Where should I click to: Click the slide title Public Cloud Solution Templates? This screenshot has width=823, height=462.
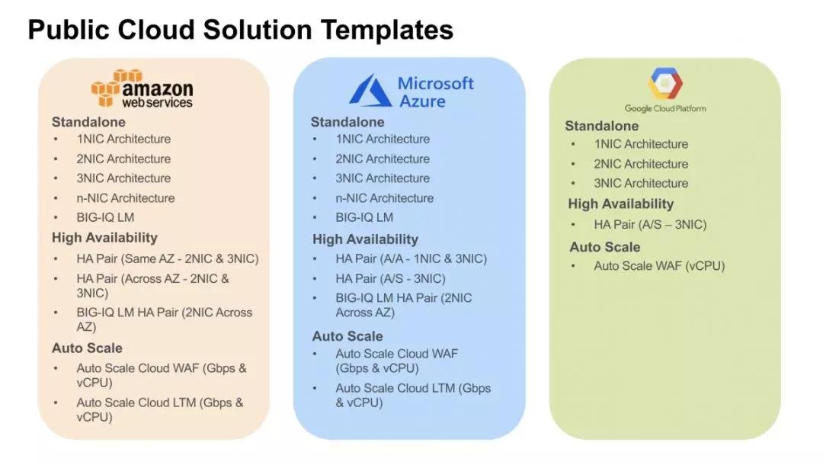point(240,29)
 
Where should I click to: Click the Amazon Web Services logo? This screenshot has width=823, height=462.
point(142,89)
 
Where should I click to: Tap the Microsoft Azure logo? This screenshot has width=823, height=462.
point(411,91)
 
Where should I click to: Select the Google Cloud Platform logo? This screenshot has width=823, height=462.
point(665,91)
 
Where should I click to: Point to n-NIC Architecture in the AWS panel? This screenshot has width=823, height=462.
point(125,197)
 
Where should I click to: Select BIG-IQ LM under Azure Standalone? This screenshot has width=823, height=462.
point(364,217)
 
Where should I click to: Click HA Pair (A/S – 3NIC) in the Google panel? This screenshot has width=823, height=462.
point(650,224)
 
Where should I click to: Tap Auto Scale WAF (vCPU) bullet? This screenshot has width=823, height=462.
point(659,266)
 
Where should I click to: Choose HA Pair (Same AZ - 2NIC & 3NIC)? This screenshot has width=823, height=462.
point(167,258)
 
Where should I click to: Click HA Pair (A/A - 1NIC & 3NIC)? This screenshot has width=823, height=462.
point(411,258)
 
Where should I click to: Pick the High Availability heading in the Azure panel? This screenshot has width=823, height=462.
point(365,239)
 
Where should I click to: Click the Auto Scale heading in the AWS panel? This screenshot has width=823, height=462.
point(87,348)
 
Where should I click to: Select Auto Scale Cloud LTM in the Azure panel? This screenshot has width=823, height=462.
point(412,395)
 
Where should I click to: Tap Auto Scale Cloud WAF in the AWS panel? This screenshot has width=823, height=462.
point(161,375)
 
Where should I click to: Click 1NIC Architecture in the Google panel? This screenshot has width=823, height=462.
point(641,144)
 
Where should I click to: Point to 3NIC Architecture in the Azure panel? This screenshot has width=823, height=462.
point(383,178)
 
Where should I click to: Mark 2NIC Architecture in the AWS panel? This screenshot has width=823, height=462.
point(123,159)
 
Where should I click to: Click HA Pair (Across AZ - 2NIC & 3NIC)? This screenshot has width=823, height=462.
point(152,285)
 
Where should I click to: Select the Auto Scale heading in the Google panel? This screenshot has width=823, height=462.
point(604,247)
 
